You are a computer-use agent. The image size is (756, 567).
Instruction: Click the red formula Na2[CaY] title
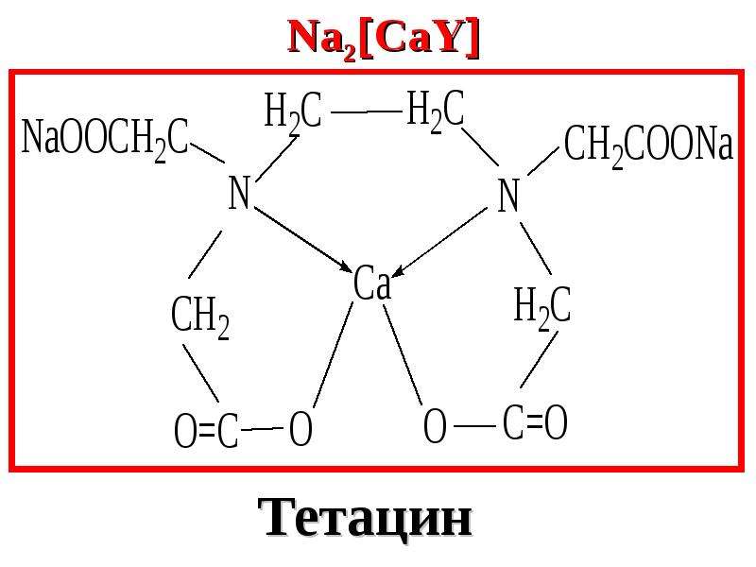point(384,39)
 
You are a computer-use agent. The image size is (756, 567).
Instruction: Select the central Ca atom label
point(371,284)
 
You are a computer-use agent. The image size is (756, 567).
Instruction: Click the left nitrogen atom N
point(239,193)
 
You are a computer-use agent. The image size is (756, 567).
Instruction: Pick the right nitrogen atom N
point(507,196)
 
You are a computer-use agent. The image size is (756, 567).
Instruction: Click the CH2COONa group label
point(648,144)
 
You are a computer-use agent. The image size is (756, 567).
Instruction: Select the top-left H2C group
point(293,112)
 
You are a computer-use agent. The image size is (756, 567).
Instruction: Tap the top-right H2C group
point(436,110)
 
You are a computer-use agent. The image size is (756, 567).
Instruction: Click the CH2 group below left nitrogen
point(200,317)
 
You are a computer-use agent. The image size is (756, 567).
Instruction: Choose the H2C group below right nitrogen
point(541,306)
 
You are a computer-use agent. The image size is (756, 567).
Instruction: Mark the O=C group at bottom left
point(206,430)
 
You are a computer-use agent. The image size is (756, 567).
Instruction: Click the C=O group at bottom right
point(535,422)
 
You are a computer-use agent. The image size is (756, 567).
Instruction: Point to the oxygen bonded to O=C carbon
point(301,428)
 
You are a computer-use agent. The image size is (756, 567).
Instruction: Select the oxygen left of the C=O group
point(435,425)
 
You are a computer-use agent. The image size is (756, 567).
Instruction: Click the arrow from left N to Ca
point(302,239)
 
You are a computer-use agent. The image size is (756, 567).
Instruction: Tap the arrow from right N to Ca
point(439,243)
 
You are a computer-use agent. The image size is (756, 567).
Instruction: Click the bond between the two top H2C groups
point(367,112)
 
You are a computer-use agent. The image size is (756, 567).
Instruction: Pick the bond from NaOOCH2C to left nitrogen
point(207,152)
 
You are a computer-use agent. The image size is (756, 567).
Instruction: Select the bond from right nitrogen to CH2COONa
point(543,161)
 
